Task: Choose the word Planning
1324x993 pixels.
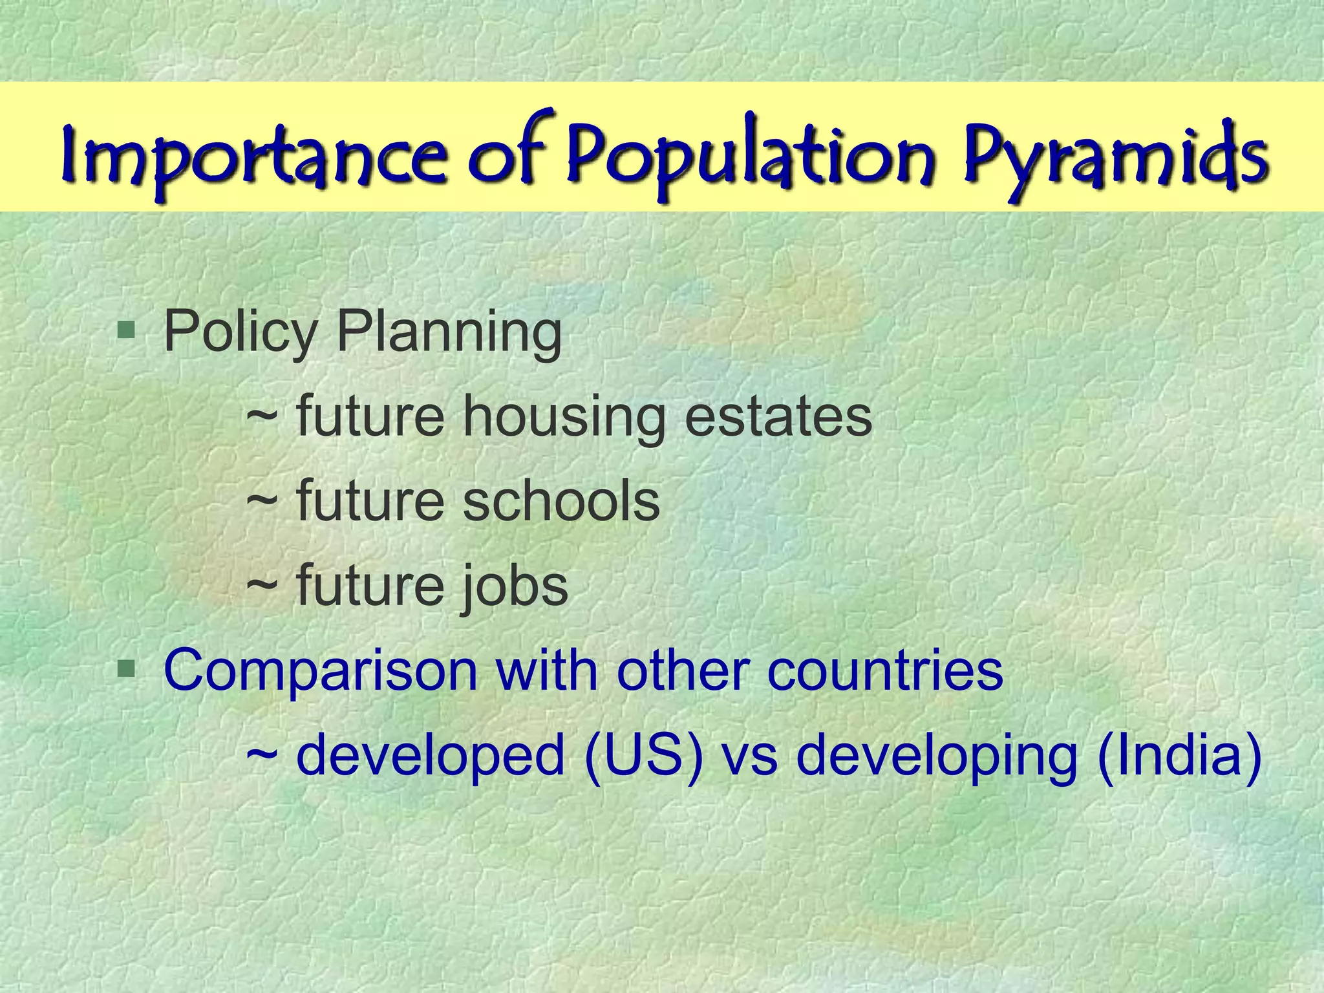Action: (x=449, y=332)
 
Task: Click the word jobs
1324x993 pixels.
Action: (x=515, y=586)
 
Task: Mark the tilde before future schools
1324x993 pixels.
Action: (x=262, y=503)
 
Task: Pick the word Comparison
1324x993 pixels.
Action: (x=321, y=670)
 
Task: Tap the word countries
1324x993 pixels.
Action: (x=885, y=670)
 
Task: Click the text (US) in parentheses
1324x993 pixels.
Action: (x=643, y=755)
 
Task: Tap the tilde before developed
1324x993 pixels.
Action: (x=262, y=755)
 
